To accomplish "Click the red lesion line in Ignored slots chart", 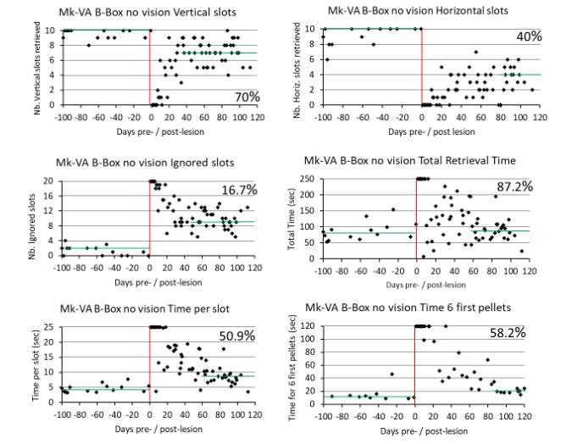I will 149,219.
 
